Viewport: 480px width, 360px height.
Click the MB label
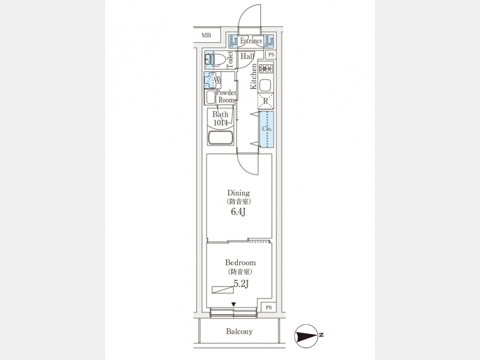pos(206,36)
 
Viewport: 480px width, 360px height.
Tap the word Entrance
pos(251,41)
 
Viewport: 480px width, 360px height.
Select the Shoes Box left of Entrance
pos(232,41)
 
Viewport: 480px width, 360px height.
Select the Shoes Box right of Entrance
pos(270,41)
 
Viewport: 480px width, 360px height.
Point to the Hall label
pos(246,56)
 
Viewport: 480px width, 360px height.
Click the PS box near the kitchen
pos(270,55)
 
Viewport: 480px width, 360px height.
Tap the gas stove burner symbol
pos(266,69)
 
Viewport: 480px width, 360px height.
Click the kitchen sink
pos(266,85)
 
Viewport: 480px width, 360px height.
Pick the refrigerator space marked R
pos(266,101)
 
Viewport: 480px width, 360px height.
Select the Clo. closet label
pos(267,129)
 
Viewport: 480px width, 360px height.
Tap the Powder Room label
pos(226,97)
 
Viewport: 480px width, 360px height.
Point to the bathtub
pos(220,138)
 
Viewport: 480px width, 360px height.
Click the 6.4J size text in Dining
pos(238,212)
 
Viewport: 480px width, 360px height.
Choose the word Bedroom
pos(240,262)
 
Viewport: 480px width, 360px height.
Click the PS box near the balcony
pos(268,307)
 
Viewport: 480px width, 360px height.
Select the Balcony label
pos(239,332)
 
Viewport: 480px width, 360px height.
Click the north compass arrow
pos(306,335)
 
